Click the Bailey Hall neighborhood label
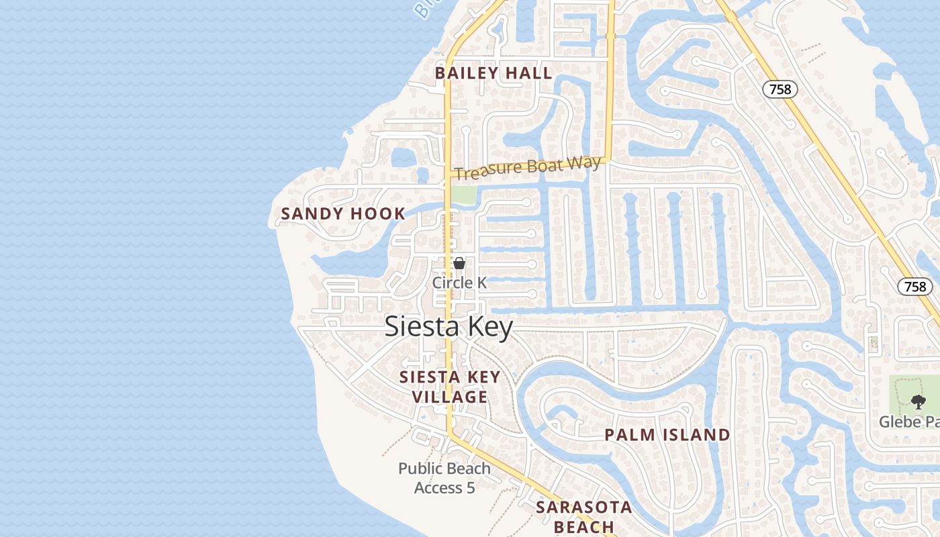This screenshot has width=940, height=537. click(x=493, y=73)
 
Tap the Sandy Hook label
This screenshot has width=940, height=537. click(x=343, y=214)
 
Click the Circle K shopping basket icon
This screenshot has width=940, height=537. click(x=459, y=263)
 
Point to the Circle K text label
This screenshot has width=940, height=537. click(x=459, y=283)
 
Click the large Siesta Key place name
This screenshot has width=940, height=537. click(x=449, y=327)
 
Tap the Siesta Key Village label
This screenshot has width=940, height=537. click(x=450, y=387)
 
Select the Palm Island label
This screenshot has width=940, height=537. click(x=667, y=435)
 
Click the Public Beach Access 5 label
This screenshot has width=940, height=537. click(x=444, y=478)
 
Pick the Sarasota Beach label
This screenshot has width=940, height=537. click(x=583, y=517)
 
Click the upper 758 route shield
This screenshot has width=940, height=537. click(x=780, y=89)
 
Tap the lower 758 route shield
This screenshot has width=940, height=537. click(x=915, y=287)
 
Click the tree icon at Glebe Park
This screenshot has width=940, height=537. click(x=917, y=402)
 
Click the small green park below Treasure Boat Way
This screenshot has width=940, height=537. click(x=463, y=195)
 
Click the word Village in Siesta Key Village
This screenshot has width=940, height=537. click(x=450, y=397)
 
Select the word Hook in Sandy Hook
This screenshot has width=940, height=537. click(x=378, y=214)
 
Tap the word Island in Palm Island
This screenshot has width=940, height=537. click(x=696, y=435)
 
